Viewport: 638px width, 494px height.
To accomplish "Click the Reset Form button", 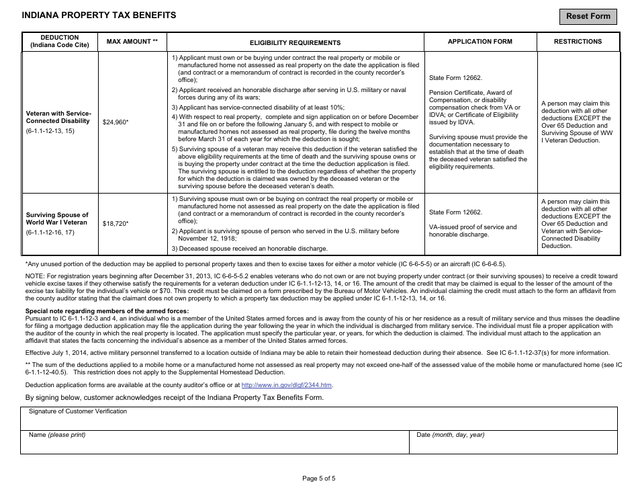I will (x=588, y=16).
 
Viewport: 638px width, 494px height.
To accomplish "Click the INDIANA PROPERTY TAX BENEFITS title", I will (x=99, y=15).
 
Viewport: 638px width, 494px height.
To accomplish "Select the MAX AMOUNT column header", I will (x=132, y=42).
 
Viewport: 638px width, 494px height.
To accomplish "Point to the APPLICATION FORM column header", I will (x=480, y=42).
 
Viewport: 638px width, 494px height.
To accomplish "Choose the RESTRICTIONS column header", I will (x=578, y=42).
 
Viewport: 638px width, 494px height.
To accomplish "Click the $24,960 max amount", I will (x=115, y=122).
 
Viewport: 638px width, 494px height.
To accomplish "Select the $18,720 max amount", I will (x=115, y=223).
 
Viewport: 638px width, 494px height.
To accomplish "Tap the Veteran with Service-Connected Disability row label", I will (x=58, y=117).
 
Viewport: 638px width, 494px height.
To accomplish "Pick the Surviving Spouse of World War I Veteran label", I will (x=57, y=218).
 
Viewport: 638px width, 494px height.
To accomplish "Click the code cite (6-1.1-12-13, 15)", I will (x=50, y=131).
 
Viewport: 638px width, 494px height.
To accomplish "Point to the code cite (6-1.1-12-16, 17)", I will (x=50, y=233).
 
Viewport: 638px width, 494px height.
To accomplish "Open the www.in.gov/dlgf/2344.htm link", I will (x=286, y=385).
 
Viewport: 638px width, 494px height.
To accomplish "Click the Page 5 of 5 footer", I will (x=318, y=479).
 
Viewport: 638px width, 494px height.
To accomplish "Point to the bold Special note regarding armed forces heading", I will (x=107, y=311).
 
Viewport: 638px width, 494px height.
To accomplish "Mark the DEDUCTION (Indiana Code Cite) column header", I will (x=60, y=42).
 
